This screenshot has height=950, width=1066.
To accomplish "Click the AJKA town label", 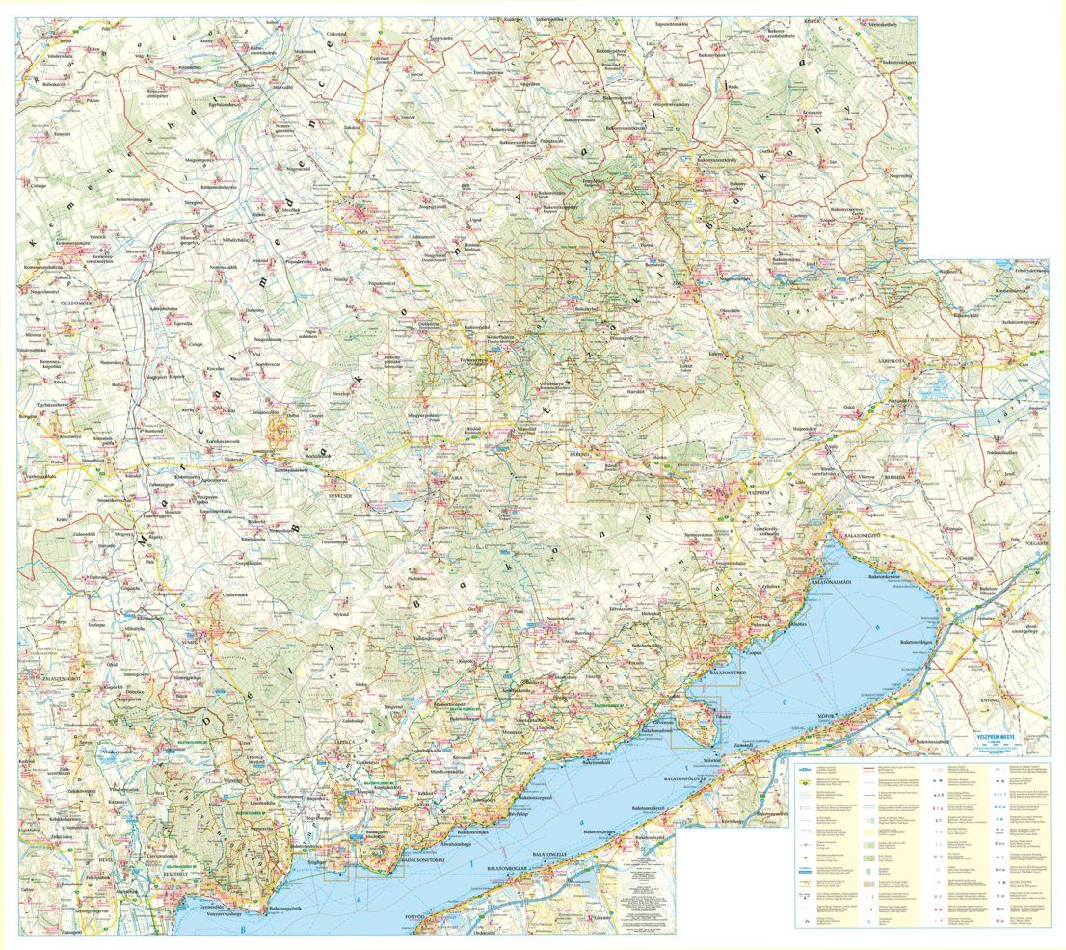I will tap(443, 477).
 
